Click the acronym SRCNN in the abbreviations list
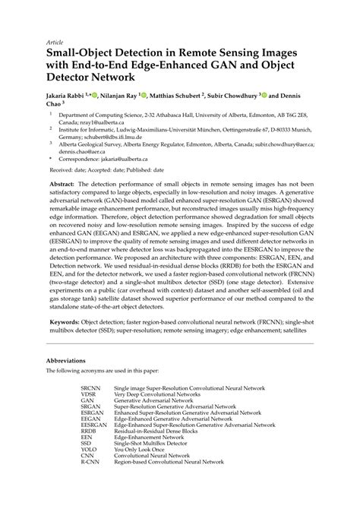(x=91, y=388)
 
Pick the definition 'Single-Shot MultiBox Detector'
(x=155, y=442)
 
